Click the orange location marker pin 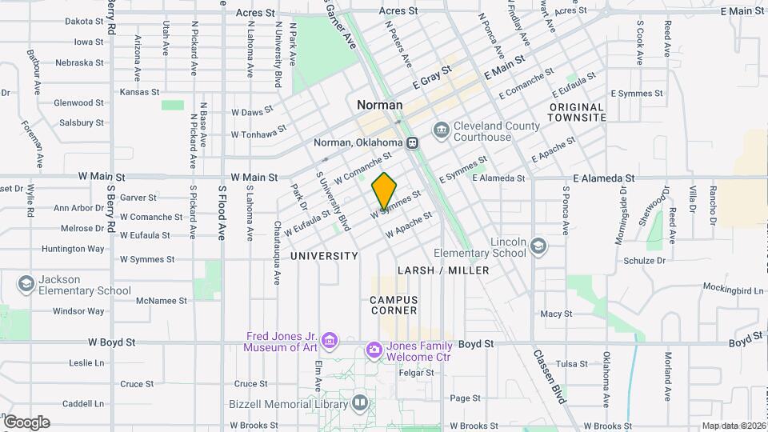[385, 190]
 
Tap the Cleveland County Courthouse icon [441, 130]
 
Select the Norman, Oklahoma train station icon [413, 143]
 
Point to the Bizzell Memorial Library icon [360, 403]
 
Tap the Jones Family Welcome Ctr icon [374, 350]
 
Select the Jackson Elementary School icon [26, 284]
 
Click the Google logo [26, 422]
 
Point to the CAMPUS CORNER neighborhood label [394, 305]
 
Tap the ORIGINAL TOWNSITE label [577, 112]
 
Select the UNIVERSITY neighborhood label [324, 256]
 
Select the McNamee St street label [161, 301]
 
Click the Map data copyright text [733, 426]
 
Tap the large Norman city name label [380, 105]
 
